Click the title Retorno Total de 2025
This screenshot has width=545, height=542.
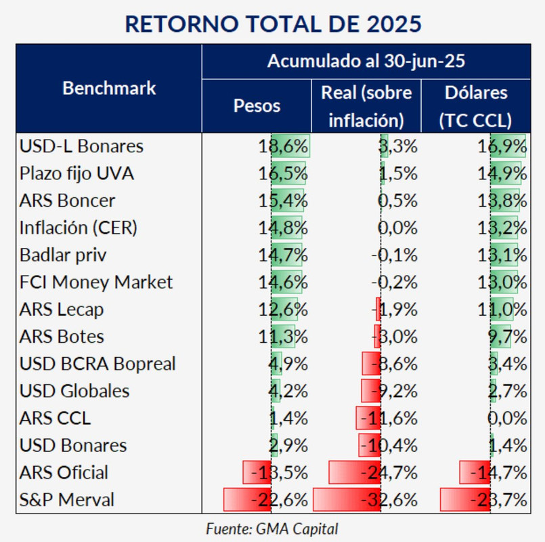click(273, 23)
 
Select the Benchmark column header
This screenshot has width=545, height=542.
click(109, 88)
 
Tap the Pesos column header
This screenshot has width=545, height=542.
click(257, 106)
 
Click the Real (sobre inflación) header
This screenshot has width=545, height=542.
click(366, 106)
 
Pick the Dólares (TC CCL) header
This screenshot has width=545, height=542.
click(475, 106)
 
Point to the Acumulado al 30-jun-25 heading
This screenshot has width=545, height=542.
click(366, 62)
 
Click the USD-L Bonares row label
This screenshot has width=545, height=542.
click(81, 146)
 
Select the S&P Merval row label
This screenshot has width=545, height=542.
click(67, 500)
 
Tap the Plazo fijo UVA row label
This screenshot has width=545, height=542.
click(77, 173)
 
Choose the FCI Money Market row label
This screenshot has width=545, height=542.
click(96, 282)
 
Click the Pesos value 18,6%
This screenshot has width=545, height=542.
click(282, 146)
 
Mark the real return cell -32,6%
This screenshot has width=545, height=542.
click(391, 500)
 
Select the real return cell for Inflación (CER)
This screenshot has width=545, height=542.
click(397, 228)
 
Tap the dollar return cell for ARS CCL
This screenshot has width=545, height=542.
click(506, 418)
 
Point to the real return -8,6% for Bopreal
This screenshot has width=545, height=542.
click(393, 364)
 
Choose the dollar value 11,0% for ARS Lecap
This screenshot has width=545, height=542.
click(502, 310)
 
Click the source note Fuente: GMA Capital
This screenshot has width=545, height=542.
click(271, 528)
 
